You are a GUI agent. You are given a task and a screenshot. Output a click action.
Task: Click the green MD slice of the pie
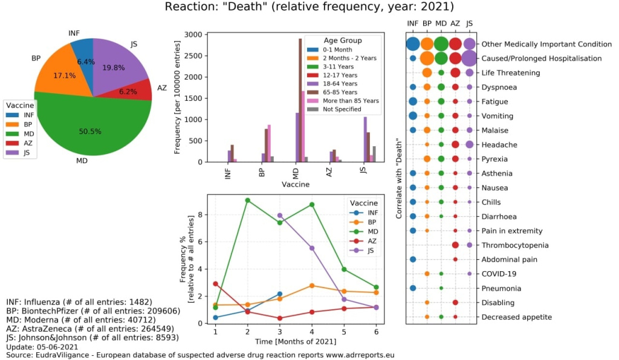tap(91, 130)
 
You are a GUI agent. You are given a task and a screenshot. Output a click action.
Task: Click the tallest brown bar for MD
tap(300, 100)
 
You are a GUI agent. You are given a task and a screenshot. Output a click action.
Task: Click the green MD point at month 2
tap(248, 200)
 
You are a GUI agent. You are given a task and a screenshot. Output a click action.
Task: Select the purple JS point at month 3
tap(280, 215)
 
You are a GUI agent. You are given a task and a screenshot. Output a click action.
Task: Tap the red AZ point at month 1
tap(216, 283)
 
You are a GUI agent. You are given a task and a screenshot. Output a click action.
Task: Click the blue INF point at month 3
tap(280, 294)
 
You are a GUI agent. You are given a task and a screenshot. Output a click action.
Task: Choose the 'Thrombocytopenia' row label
tap(515, 245)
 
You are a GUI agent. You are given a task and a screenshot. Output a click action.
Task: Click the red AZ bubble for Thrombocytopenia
tap(455, 245)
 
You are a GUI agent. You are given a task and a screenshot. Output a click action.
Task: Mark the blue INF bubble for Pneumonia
tap(413, 288)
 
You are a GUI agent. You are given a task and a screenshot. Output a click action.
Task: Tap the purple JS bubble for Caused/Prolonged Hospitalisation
tap(470, 59)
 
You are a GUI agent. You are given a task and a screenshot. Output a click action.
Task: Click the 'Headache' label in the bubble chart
tap(499, 144)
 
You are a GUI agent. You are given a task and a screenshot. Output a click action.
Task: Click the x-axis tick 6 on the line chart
tap(376, 332)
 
